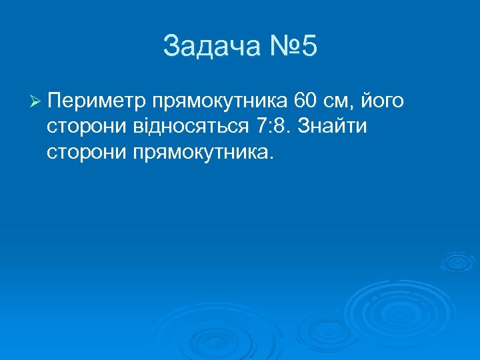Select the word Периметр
click(x=97, y=102)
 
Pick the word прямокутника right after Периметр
click(x=220, y=102)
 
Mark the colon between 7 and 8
click(x=270, y=127)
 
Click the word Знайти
click(x=333, y=126)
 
